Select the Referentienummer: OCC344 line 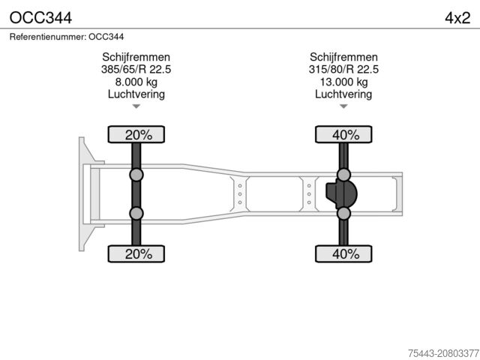point(67,36)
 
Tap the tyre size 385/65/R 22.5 point(136,70)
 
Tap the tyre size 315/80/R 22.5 point(343,70)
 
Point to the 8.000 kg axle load point(136,82)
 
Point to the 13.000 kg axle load point(343,82)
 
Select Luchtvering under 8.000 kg point(136,94)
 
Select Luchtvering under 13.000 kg point(343,94)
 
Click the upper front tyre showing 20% point(138,135)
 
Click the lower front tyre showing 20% point(138,253)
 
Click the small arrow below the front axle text point(136,106)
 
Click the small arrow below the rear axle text point(343,106)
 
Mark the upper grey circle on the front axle point(136,175)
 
